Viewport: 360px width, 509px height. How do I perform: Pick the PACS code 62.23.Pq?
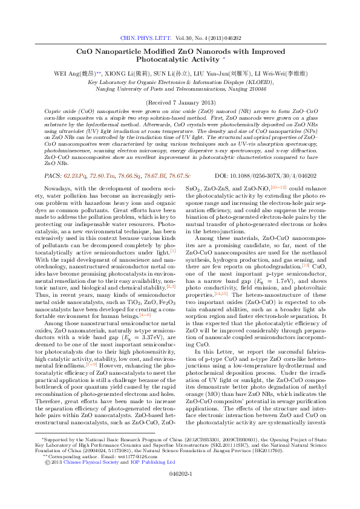[76, 175]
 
